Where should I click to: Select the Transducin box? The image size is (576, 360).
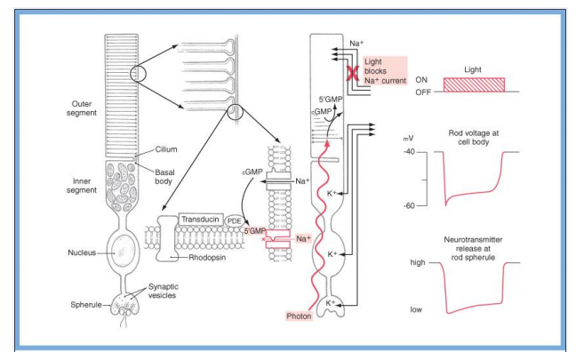click(201, 218)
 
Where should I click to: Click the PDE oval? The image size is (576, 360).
click(235, 220)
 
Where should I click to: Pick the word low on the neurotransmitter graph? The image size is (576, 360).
click(417, 309)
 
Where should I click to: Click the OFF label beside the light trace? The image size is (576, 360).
click(421, 91)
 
